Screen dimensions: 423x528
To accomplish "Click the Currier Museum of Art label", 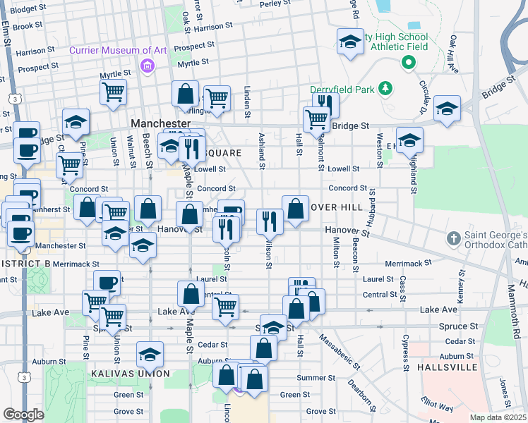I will pos(118,50).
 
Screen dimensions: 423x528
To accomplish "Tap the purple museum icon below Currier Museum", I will pos(148,67).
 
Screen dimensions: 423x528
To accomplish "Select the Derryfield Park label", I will pos(344,90).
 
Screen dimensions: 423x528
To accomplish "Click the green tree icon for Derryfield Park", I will pos(385,88).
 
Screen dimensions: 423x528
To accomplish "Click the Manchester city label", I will pos(160,123).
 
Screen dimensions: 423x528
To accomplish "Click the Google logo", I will pos(23,414).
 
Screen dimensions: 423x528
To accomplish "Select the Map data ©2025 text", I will pos(498,417).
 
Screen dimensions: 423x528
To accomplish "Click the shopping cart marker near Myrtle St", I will pos(114,92).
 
